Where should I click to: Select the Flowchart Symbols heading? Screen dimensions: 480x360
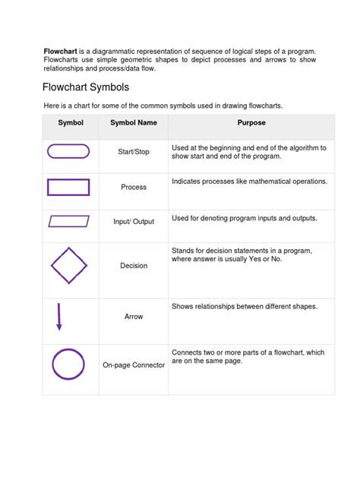tap(85, 87)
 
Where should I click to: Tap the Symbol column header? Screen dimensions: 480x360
tap(71, 122)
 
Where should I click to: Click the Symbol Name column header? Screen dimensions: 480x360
tap(134, 122)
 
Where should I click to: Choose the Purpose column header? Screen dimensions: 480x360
tap(251, 122)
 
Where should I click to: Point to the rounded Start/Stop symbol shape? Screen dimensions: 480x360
tap(68, 151)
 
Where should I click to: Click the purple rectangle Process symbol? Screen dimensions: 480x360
tap(68, 187)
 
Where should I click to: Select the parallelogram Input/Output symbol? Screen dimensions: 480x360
tap(69, 221)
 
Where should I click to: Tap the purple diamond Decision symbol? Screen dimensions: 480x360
tap(69, 265)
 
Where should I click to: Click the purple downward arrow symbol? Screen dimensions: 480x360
tap(58, 316)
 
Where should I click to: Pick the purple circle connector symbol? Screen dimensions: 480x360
tap(68, 364)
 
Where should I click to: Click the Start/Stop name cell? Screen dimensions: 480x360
tap(134, 152)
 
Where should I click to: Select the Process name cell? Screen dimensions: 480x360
tap(134, 187)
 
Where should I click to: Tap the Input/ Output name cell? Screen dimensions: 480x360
tap(134, 222)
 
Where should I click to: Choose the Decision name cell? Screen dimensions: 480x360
tap(134, 266)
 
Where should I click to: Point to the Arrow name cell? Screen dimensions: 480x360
tap(134, 317)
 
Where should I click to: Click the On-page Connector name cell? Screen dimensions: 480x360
tap(134, 365)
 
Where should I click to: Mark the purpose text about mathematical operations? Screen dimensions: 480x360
tap(249, 182)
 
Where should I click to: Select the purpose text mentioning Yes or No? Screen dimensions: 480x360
tap(242, 254)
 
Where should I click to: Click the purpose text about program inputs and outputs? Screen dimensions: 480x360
tap(244, 218)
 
